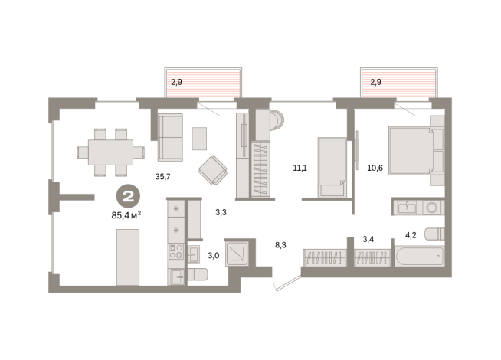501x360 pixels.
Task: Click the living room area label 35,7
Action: tap(162, 177)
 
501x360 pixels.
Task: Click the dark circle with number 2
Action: tap(129, 196)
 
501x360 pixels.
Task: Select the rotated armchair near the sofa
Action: tap(212, 170)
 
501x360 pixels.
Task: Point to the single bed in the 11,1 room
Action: tap(332, 167)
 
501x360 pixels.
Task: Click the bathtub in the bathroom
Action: tap(417, 256)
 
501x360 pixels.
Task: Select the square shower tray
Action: tap(241, 251)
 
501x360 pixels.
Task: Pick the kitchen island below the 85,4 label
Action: tap(127, 257)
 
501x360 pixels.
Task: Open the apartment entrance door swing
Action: tap(285, 283)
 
